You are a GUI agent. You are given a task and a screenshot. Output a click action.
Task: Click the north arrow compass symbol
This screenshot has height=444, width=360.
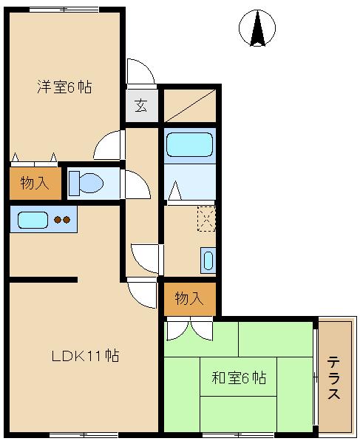tap(257, 28)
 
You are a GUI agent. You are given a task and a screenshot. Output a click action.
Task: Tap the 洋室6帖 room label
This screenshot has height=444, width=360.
tap(64, 87)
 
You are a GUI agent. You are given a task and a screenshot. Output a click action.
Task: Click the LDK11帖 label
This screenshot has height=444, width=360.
tap(86, 356)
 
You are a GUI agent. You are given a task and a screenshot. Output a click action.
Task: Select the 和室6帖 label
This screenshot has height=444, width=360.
tap(239, 377)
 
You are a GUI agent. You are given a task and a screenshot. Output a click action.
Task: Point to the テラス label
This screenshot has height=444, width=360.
tap(333, 377)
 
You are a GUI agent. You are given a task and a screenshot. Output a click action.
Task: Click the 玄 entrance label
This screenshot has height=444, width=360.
tap(141, 106)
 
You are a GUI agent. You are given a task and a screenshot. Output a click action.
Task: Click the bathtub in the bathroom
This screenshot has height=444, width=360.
tap(189, 145)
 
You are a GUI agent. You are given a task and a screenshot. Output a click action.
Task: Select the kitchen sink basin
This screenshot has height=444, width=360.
tap(33, 220)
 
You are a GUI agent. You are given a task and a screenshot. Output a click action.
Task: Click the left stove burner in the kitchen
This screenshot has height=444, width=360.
tap(58, 220)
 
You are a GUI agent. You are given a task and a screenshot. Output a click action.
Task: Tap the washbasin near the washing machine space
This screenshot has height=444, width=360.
tap(208, 260)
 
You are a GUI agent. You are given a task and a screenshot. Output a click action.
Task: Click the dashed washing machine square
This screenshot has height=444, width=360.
tap(206, 219)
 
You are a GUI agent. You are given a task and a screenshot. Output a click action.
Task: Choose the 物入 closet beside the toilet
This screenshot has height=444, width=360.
tap(35, 184)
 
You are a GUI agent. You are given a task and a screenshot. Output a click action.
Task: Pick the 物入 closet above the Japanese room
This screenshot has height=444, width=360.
tap(190, 299)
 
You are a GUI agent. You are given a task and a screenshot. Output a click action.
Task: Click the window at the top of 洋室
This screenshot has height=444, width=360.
tap(64, 10)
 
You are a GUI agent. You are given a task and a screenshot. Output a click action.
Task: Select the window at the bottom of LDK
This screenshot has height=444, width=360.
tap(84, 434)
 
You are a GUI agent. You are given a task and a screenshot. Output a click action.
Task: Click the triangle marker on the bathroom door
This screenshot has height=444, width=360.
tap(175, 190)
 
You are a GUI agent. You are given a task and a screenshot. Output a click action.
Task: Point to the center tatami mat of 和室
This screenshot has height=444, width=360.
tap(238, 377)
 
